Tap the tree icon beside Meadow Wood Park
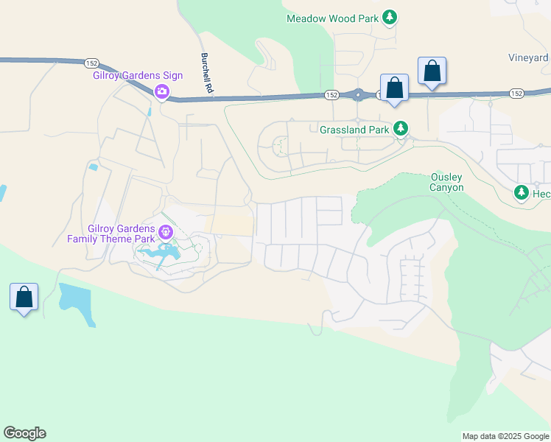pyautogui.click(x=390, y=18)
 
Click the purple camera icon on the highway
pyautogui.click(x=161, y=92)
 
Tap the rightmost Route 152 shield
pyautogui.click(x=516, y=93)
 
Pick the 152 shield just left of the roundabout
pyautogui.click(x=332, y=95)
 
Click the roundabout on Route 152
pyautogui.click(x=359, y=94)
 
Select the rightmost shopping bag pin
pyautogui.click(x=432, y=71)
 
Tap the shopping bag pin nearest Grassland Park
pyautogui.click(x=395, y=88)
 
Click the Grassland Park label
pyautogui.click(x=354, y=130)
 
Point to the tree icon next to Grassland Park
pyautogui.click(x=401, y=129)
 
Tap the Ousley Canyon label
pyautogui.click(x=447, y=182)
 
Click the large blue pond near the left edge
pyautogui.click(x=77, y=302)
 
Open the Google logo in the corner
pyautogui.click(x=24, y=433)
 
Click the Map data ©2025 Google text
pyautogui.click(x=505, y=436)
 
